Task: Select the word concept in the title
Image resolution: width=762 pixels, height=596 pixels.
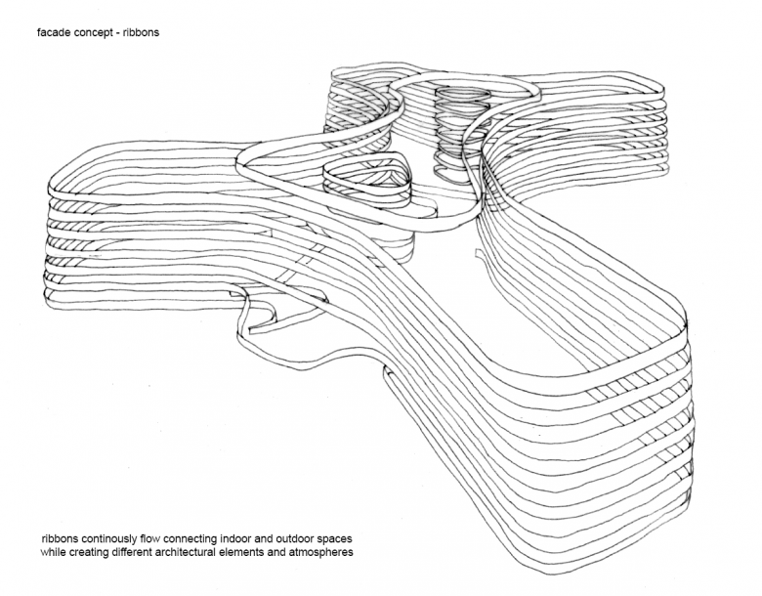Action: coord(99,32)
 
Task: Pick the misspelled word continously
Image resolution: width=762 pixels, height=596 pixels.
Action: coord(125,538)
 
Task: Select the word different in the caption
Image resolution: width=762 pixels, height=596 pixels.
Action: coord(154,553)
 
